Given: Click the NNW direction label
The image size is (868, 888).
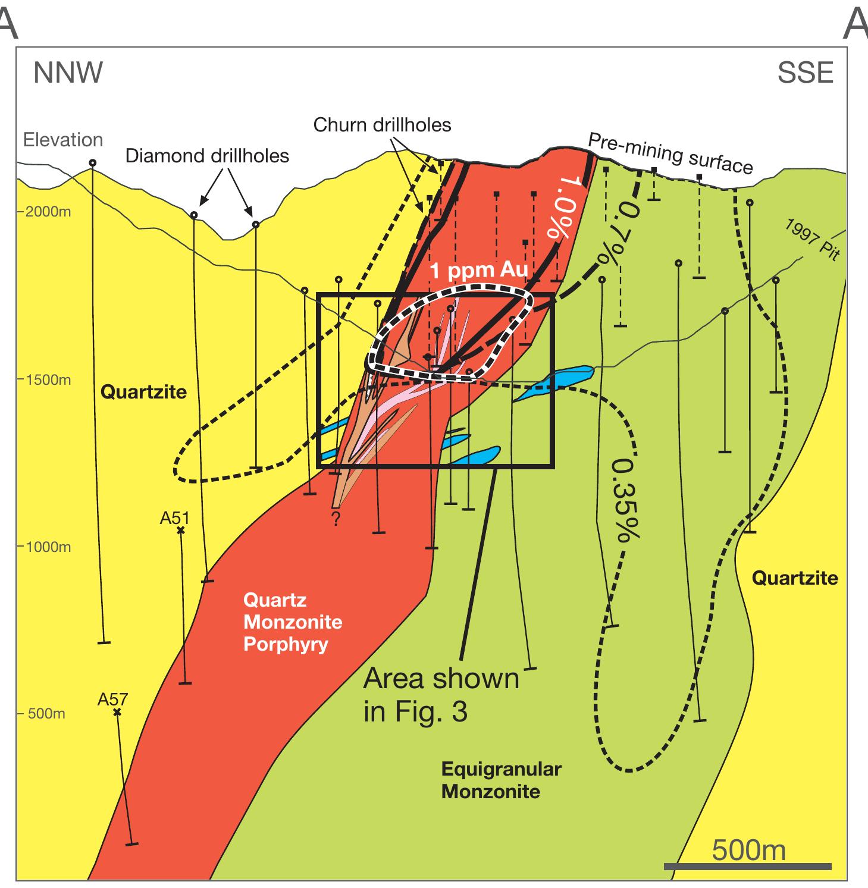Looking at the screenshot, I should click(68, 73).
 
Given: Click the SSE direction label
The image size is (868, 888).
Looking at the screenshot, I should click(805, 73).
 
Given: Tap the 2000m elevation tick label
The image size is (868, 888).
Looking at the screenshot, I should click(47, 212).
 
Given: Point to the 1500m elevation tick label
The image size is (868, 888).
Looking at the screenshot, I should click(47, 379).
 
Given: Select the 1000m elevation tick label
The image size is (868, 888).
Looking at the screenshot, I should click(47, 547).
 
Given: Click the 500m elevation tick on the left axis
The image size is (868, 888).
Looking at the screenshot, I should click(46, 714).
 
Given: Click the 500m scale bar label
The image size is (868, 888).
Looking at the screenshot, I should click(748, 851).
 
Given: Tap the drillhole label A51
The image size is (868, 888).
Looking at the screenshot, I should click(174, 518).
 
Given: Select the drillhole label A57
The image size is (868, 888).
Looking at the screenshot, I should click(112, 700).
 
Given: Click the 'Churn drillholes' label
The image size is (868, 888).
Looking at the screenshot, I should click(382, 125).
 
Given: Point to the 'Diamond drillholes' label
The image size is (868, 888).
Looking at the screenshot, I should click(207, 156).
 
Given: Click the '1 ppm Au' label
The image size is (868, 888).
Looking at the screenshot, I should click(479, 271).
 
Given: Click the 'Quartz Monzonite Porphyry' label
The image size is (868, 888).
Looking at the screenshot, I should click(292, 622).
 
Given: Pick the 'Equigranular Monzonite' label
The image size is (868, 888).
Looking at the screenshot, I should click(501, 780).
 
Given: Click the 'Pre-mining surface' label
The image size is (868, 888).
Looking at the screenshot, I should click(670, 153).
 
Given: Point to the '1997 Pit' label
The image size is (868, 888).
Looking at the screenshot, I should click(813, 240).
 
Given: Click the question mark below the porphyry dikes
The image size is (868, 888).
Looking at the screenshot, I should click(336, 519).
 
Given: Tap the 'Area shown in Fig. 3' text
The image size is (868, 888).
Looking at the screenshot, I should click(441, 695).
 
